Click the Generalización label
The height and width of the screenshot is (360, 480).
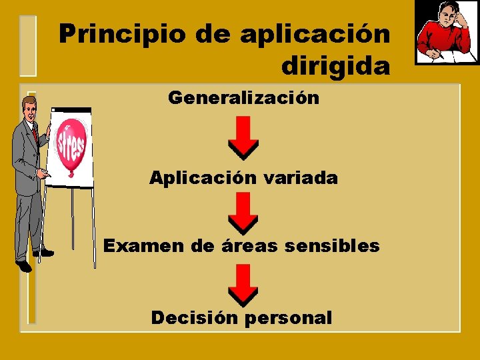[x=243, y=98]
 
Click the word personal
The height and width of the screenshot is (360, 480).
[x=288, y=318]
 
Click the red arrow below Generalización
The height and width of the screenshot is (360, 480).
[x=244, y=137]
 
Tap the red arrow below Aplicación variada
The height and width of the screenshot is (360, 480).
[x=244, y=212]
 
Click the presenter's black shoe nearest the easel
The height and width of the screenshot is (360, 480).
[x=44, y=253]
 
